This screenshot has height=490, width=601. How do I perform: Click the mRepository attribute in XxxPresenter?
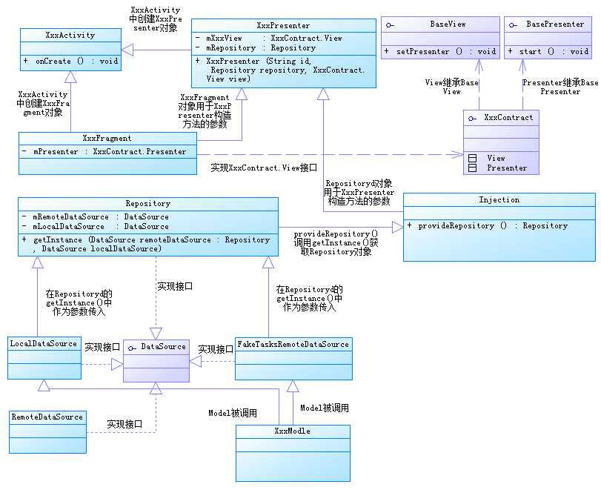pyautogui.click(x=256, y=47)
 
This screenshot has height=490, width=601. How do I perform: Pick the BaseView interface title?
pyautogui.click(x=448, y=24)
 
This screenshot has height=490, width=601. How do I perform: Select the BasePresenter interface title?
pyautogui.click(x=554, y=24)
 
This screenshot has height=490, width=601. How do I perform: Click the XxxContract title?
pyautogui.click(x=508, y=117)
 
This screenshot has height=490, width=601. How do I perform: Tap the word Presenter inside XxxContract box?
pyautogui.click(x=507, y=168)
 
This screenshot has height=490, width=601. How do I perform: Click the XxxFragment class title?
pyautogui.click(x=107, y=138)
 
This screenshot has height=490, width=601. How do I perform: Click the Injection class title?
pyautogui.click(x=499, y=199)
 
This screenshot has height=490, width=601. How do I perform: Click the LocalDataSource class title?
pyautogui.click(x=43, y=343)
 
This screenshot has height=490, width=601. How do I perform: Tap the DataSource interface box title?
pyautogui.click(x=162, y=346)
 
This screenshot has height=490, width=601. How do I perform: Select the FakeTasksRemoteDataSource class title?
pyautogui.click(x=292, y=344)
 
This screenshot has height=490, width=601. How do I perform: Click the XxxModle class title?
pyautogui.click(x=292, y=431)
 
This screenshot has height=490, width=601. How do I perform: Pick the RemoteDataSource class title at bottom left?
pyautogui.click(x=47, y=417)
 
